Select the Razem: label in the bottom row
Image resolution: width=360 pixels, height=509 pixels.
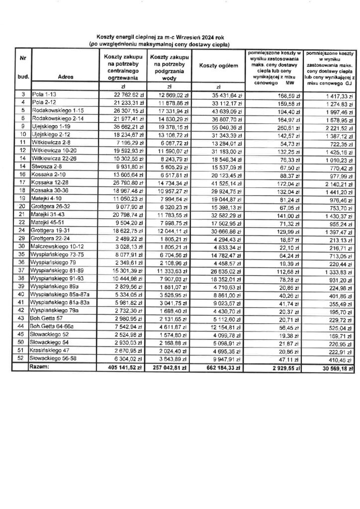[42, 369]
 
